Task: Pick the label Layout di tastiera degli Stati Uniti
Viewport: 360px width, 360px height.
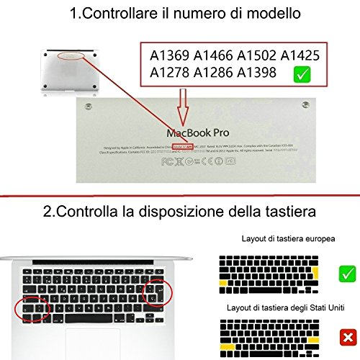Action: point(295,307)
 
